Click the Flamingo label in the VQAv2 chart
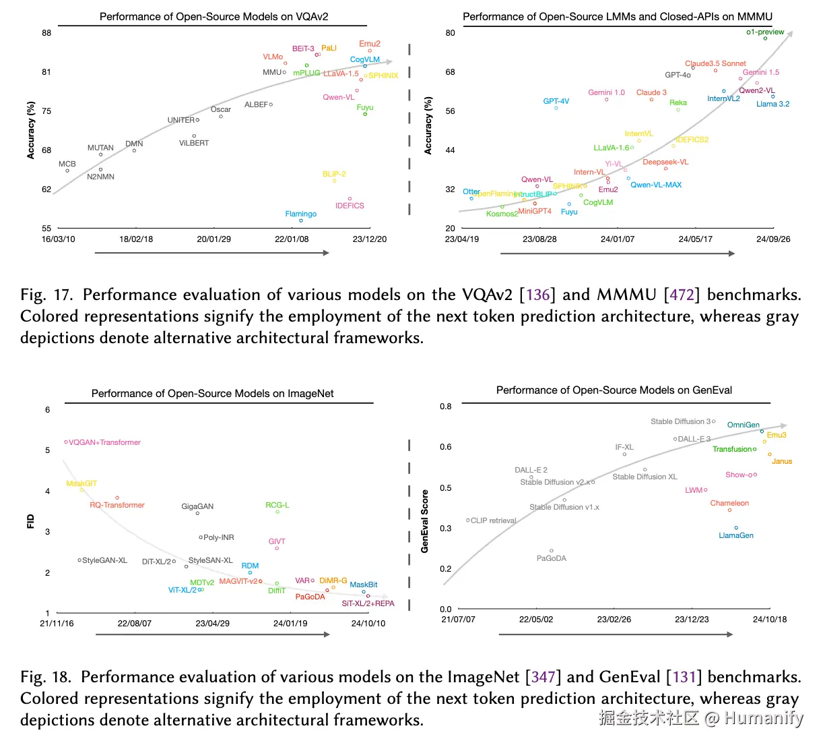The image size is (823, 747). click(300, 214)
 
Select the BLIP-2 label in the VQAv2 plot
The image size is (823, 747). click(334, 174)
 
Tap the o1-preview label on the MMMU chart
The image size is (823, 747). click(765, 32)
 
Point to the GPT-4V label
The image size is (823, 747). click(556, 101)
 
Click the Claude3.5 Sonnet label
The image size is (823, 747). click(715, 63)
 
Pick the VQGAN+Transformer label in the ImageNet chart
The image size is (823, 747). click(104, 442)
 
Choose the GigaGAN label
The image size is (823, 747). click(197, 506)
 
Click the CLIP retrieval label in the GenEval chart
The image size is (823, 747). click(493, 520)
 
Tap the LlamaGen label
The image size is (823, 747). click(736, 535)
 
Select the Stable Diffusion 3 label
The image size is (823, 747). click(680, 421)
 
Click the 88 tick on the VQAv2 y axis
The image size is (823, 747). click(46, 33)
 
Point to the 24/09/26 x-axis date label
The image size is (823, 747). click(773, 239)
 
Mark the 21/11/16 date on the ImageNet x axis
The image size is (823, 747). click(57, 624)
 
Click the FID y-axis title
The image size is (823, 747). click(30, 521)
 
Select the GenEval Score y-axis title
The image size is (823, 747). click(425, 521)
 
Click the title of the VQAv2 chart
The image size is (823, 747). click(214, 17)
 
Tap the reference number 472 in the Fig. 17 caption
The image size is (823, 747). click(682, 295)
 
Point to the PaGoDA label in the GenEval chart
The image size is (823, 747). click(552, 558)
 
